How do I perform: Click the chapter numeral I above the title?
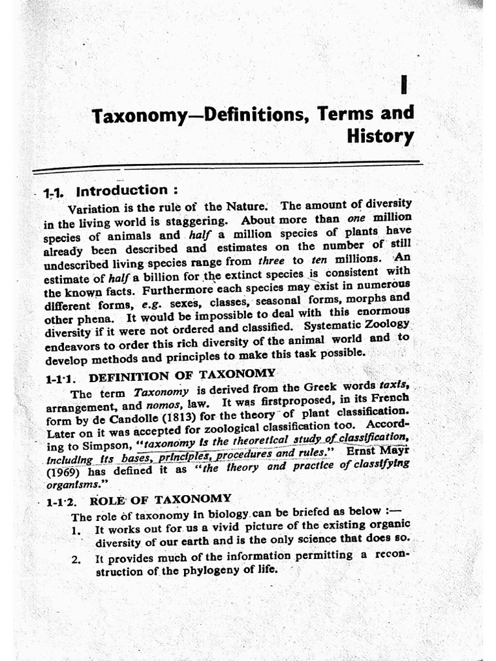click(x=404, y=85)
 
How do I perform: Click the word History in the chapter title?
click(x=380, y=136)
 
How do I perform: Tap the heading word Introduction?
click(x=122, y=190)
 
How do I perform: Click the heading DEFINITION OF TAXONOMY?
click(x=182, y=375)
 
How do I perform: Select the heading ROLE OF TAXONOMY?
click(x=160, y=499)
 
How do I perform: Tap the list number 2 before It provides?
click(x=76, y=560)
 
